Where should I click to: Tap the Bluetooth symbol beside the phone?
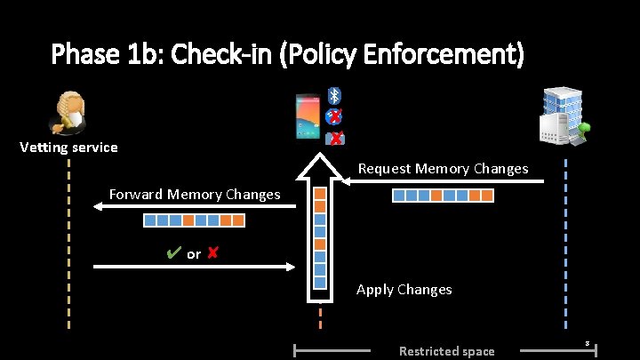(x=334, y=95)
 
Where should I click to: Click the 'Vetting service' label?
(x=68, y=148)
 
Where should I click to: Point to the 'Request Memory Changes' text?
(x=443, y=168)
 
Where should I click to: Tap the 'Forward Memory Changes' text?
(x=194, y=194)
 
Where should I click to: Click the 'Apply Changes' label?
(x=404, y=289)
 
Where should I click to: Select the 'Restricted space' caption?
(x=446, y=351)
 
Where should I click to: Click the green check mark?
(x=173, y=254)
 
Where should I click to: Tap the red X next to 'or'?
(x=212, y=254)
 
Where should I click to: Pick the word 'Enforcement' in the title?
(x=444, y=55)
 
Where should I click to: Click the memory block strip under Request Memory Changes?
(x=443, y=195)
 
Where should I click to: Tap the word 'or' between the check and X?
(x=194, y=255)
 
